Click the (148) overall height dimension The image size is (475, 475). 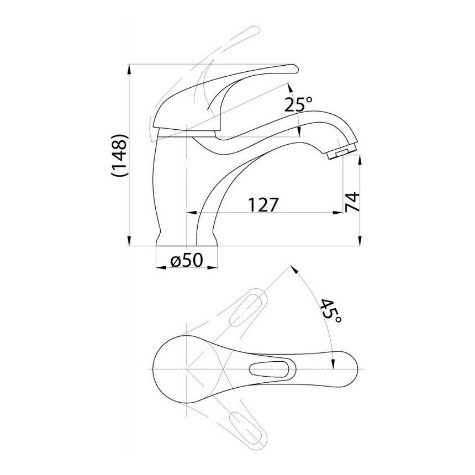pyautogui.click(x=120, y=155)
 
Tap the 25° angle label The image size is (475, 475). pyautogui.click(x=298, y=105)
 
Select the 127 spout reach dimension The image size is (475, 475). pyautogui.click(x=263, y=205)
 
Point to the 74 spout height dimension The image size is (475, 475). pyautogui.click(x=352, y=202)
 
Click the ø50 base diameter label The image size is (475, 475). pyautogui.click(x=186, y=260)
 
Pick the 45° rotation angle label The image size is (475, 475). pyautogui.click(x=331, y=311)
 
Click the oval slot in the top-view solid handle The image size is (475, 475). pyautogui.click(x=269, y=369)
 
